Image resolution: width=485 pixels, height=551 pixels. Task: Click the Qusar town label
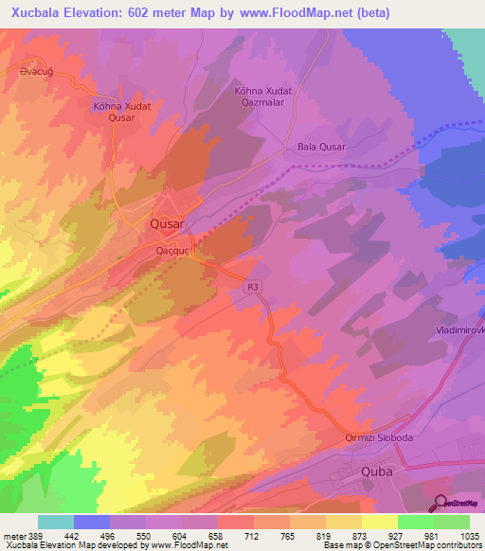coord(168,224)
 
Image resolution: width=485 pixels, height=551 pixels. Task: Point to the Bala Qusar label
coord(322,147)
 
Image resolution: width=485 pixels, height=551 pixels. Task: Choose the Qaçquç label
coord(175,251)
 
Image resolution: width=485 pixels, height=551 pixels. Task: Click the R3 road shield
coord(252,285)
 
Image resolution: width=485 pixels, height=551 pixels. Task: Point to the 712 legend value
coord(252,537)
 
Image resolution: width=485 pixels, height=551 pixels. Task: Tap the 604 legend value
coord(180,537)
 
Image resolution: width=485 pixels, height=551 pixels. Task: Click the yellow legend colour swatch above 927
coord(380,522)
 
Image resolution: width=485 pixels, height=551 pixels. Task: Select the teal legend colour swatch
coord(56,522)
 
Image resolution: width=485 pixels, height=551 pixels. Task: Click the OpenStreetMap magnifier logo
coord(440,503)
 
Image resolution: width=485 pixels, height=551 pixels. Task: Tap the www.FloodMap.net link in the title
coord(291,14)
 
